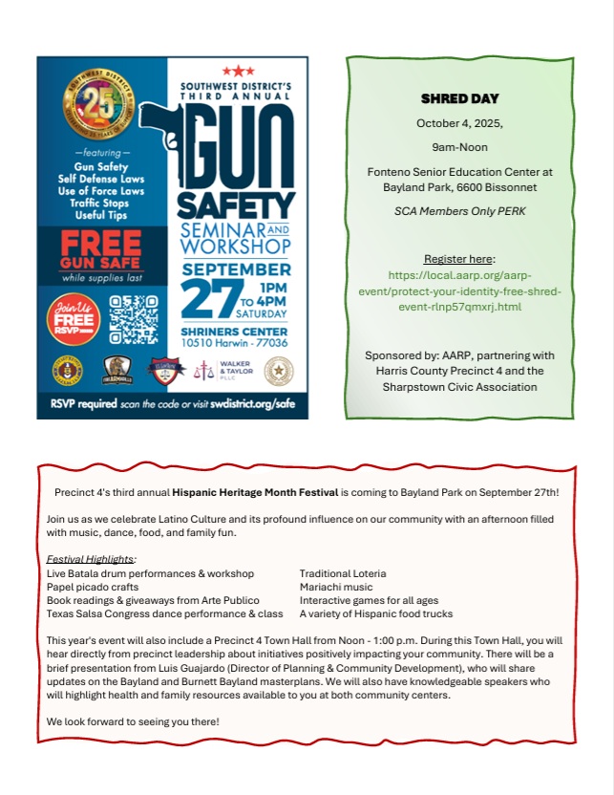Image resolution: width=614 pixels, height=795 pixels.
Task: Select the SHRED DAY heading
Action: coord(460,98)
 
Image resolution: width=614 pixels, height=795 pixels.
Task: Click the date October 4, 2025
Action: coord(460,123)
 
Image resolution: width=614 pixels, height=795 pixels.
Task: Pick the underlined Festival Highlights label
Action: coord(91,558)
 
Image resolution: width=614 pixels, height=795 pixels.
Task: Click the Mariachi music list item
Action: coord(335,587)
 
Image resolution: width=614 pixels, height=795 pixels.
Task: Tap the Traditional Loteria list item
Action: coord(343,573)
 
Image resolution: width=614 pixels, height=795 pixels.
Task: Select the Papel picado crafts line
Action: coord(93,587)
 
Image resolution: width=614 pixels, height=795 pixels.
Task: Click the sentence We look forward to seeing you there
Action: coord(133,720)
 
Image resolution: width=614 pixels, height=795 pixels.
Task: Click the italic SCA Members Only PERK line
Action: coord(460,210)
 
